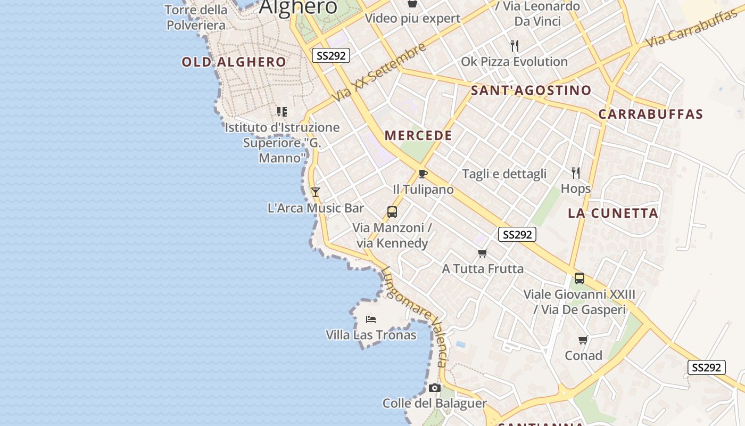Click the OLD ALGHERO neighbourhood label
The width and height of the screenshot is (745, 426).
tap(234, 62)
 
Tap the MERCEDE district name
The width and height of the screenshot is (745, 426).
tap(418, 135)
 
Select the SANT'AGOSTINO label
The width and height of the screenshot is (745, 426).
tap(531, 90)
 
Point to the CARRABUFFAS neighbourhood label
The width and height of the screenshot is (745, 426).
tap(650, 114)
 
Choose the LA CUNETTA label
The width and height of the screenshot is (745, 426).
tap(613, 213)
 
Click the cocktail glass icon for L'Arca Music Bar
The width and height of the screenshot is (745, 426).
tap(316, 192)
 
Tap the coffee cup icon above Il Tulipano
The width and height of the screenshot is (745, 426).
tap(423, 174)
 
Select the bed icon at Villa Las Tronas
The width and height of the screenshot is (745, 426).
tap(371, 319)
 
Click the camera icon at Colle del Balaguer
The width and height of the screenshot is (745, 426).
tap(435, 388)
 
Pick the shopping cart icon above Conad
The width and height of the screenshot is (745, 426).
tap(583, 340)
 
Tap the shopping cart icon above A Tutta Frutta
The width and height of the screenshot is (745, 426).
tap(483, 253)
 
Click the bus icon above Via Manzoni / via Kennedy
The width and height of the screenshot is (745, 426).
tap(392, 212)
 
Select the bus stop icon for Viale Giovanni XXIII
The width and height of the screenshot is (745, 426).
tap(580, 278)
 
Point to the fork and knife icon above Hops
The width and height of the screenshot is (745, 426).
tap(575, 173)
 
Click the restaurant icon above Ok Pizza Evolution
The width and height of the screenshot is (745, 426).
tap(514, 46)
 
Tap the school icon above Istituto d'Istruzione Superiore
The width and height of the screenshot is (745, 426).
tap(282, 112)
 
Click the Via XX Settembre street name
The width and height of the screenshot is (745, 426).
tap(379, 72)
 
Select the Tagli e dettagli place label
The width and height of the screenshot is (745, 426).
tap(504, 174)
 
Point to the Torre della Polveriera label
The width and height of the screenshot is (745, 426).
tap(196, 17)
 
